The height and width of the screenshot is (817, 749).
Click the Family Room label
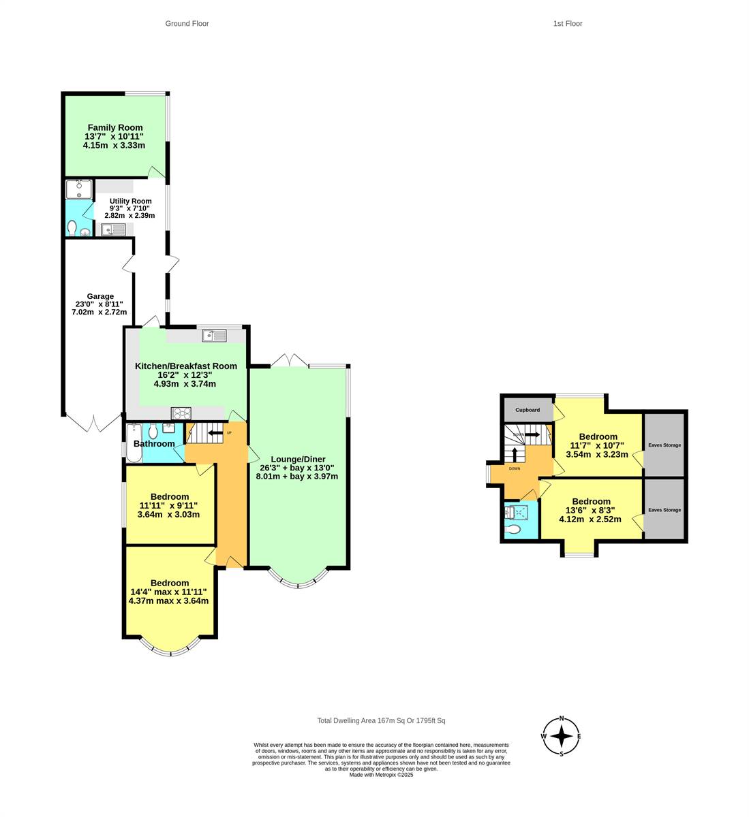click(115, 127)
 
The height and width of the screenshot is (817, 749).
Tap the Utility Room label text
click(130, 201)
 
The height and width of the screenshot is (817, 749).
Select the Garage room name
click(100, 296)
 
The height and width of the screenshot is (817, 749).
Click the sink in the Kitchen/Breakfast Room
click(214, 336)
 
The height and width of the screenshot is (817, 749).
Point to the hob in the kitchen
click(181, 413)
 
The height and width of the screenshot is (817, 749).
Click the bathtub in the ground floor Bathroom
click(134, 443)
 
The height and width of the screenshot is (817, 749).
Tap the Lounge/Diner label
click(298, 459)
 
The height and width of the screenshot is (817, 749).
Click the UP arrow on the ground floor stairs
click(215, 432)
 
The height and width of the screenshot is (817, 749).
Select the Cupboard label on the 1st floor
click(528, 410)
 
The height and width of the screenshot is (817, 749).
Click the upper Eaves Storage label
click(664, 445)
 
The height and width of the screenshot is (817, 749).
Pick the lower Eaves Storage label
click(664, 509)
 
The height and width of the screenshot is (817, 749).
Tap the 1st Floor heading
click(567, 24)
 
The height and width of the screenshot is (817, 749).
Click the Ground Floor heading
click(187, 24)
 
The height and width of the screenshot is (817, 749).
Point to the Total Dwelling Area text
click(381, 720)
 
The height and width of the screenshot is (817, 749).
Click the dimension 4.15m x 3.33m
click(114, 146)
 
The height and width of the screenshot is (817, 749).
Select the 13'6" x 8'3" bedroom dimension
click(590, 511)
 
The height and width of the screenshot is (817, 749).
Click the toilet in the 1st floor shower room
click(513, 530)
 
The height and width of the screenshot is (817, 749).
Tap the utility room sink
click(113, 230)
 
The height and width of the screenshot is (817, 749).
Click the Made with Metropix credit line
click(381, 775)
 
